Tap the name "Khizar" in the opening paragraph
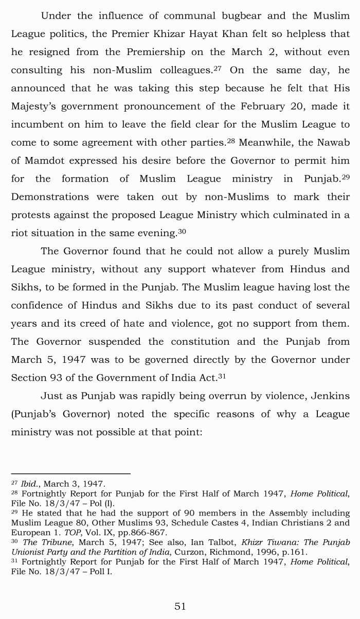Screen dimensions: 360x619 164,34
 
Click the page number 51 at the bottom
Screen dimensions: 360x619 180,606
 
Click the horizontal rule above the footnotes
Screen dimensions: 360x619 70,473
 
